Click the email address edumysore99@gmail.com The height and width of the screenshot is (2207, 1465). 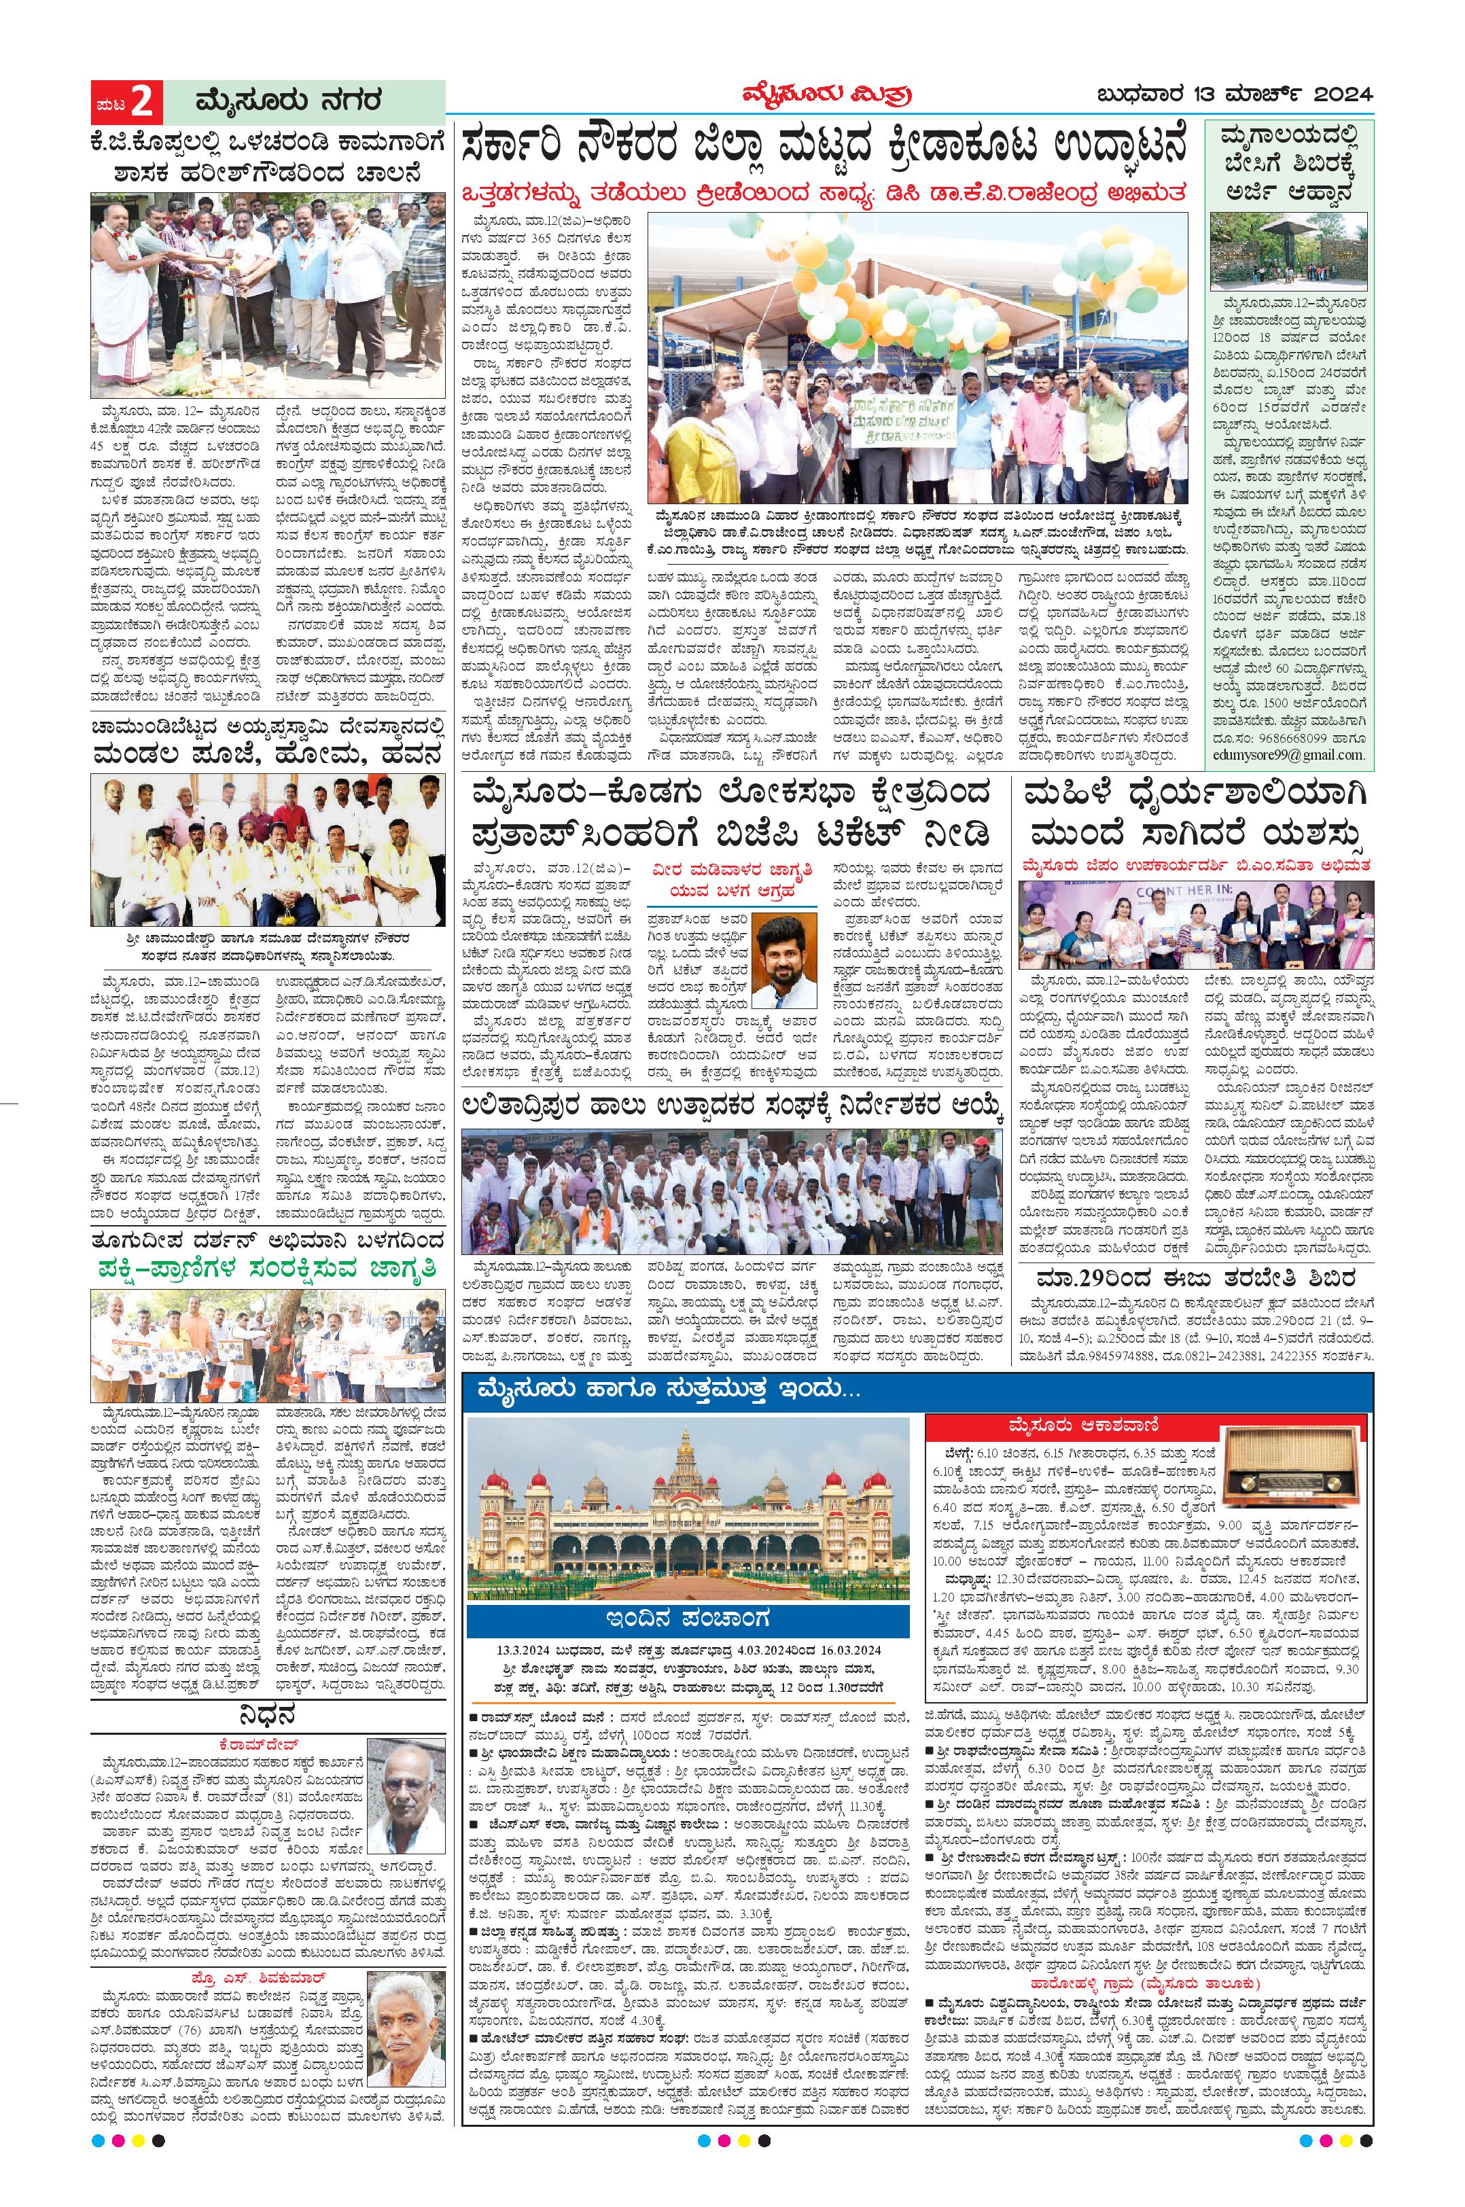click(x=1288, y=755)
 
